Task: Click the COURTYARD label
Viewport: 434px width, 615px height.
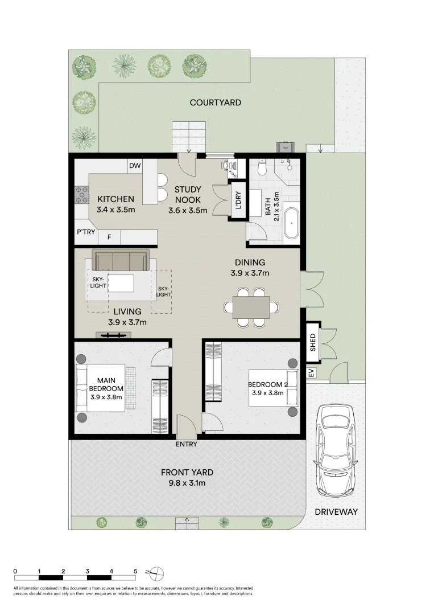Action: pyautogui.click(x=215, y=102)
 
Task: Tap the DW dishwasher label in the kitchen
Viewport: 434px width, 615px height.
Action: pyautogui.click(x=134, y=166)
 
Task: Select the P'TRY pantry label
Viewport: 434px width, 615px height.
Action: pyautogui.click(x=85, y=232)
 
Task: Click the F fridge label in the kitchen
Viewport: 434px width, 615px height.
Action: pyautogui.click(x=109, y=236)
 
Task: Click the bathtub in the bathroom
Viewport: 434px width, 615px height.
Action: pyautogui.click(x=291, y=223)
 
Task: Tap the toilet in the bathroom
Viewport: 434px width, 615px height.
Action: pyautogui.click(x=262, y=167)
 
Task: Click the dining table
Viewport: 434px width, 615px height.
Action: pyautogui.click(x=250, y=307)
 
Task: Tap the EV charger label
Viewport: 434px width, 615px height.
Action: pyautogui.click(x=311, y=374)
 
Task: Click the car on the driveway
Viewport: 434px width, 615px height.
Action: pyautogui.click(x=336, y=450)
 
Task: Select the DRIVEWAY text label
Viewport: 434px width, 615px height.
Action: pyautogui.click(x=336, y=512)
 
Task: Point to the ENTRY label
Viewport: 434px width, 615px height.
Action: pyautogui.click(x=187, y=444)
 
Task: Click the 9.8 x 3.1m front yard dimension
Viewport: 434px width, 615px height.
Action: pyautogui.click(x=187, y=483)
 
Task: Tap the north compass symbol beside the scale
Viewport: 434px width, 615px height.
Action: pyautogui.click(x=156, y=571)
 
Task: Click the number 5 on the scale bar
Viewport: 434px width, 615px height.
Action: pyautogui.click(x=135, y=570)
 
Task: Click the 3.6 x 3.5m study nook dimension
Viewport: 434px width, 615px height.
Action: pyautogui.click(x=187, y=210)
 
